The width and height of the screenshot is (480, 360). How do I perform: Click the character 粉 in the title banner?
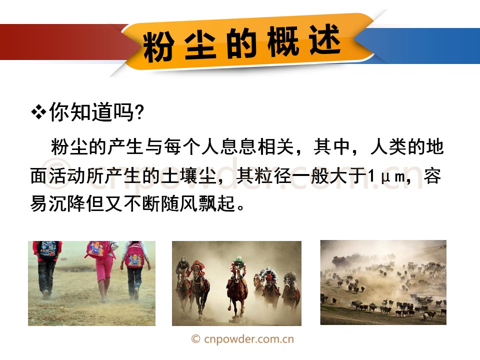tap(158, 46)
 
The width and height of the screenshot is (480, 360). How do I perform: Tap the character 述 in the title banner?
tap(325, 40)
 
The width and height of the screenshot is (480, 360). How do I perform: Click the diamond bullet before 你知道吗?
tap(38, 112)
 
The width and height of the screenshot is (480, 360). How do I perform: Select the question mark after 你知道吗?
tap(139, 112)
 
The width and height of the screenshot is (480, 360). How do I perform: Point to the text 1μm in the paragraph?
tap(386, 176)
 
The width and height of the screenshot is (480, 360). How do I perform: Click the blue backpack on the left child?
tap(48, 250)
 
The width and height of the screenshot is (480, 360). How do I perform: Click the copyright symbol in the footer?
tap(196, 339)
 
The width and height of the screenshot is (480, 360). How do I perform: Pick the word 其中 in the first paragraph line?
tap(331, 147)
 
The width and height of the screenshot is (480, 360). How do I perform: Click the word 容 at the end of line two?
tap(432, 176)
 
